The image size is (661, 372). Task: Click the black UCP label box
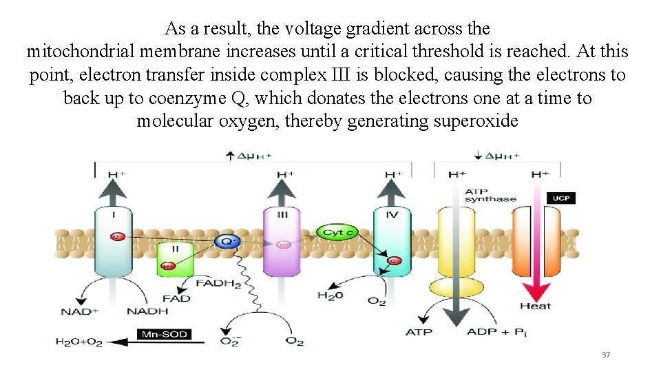(560, 198)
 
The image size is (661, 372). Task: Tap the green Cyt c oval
(338, 234)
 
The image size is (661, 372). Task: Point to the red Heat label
(535, 306)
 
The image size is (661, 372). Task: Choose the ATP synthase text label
(490, 195)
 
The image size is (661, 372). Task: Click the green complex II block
(175, 259)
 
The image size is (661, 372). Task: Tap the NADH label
(147, 312)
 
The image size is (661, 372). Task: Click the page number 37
(606, 355)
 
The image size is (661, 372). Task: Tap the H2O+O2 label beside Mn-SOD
(78, 341)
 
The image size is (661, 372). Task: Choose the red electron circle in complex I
(117, 237)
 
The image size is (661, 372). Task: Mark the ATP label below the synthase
(419, 332)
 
